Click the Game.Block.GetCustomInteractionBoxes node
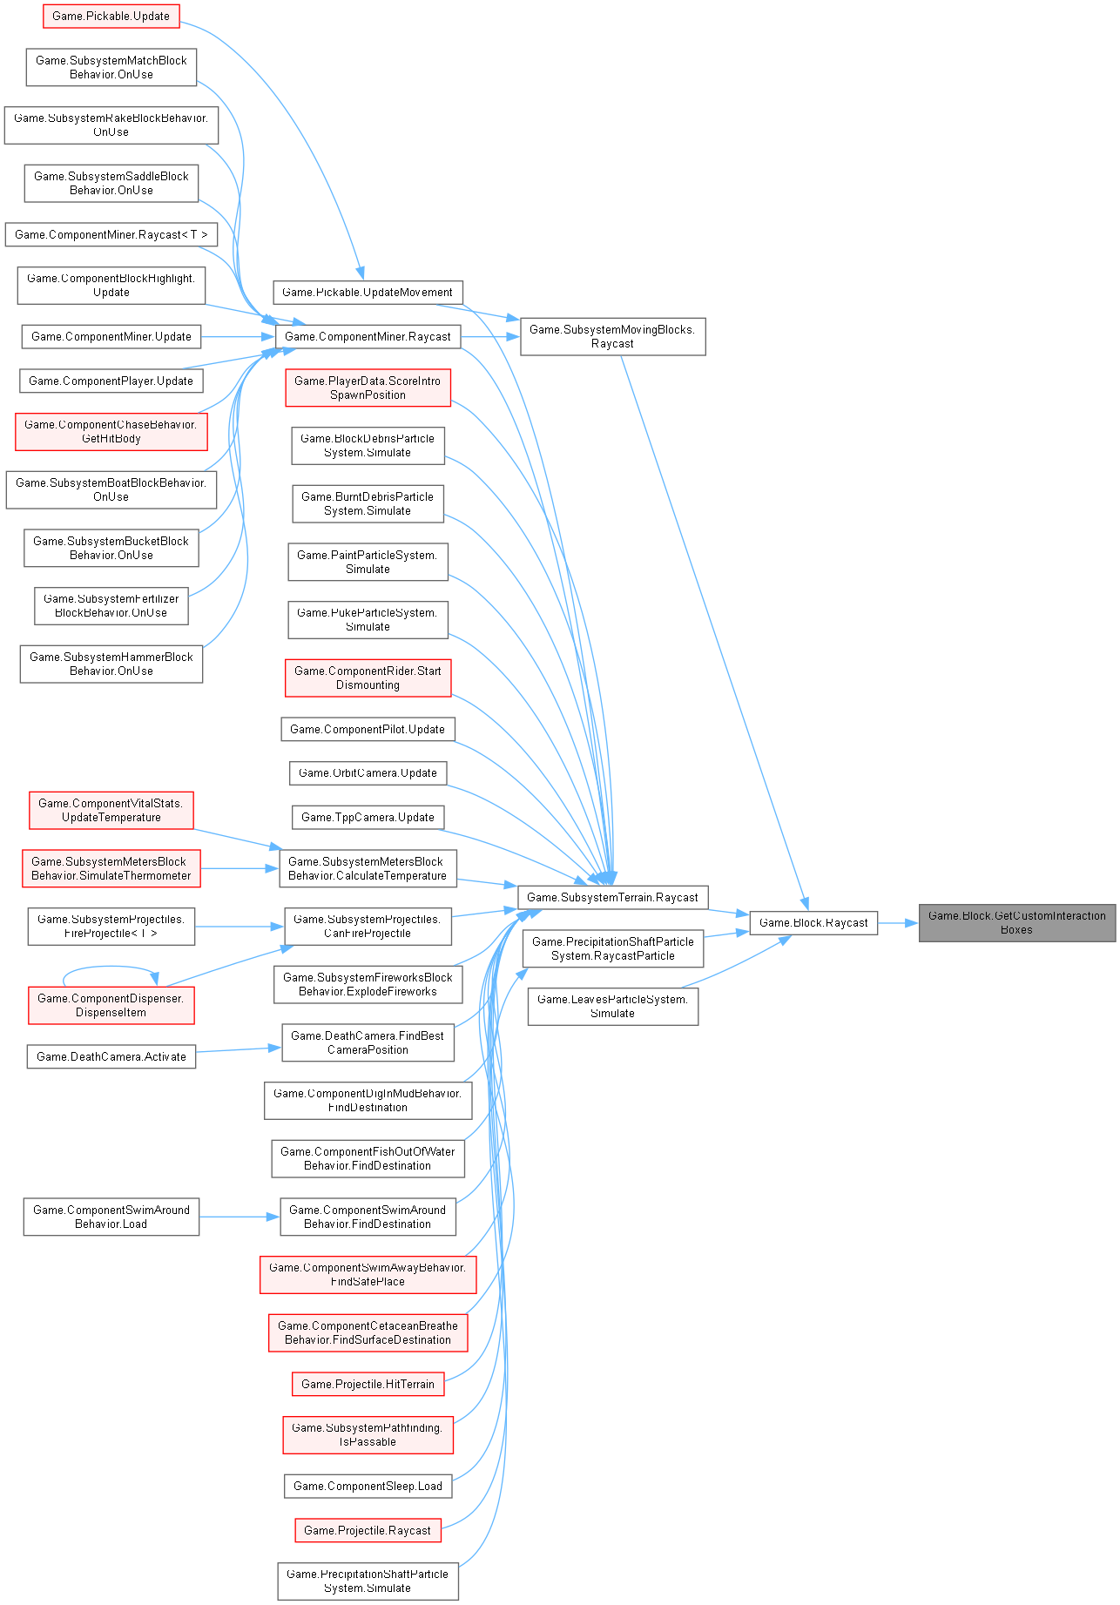(1016, 922)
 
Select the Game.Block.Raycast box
(813, 922)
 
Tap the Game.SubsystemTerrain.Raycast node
(612, 897)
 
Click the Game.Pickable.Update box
(111, 16)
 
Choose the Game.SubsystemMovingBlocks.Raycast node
(612, 336)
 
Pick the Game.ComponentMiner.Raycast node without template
(368, 336)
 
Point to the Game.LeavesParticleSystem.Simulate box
(612, 1006)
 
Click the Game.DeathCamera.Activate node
(111, 1056)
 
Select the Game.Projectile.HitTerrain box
(368, 1384)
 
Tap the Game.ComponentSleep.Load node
(368, 1486)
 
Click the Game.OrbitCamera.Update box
(368, 772)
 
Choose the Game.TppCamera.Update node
(368, 817)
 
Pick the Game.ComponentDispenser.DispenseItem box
(111, 1005)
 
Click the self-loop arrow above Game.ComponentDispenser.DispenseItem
(111, 967)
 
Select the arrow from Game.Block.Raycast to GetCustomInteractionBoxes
(898, 922)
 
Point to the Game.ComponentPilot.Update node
(368, 729)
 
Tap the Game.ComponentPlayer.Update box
(111, 381)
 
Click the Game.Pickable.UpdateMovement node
(368, 292)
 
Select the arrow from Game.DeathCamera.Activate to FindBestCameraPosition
(239, 1050)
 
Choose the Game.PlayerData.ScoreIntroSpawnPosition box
(368, 388)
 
